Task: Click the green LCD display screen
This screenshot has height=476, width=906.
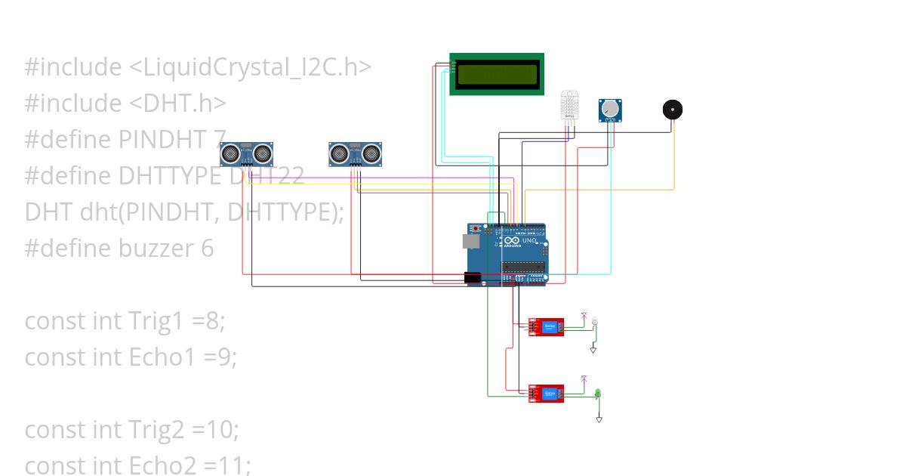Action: [497, 74]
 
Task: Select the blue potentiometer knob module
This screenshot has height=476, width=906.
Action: [611, 110]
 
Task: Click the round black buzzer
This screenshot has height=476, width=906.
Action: [672, 110]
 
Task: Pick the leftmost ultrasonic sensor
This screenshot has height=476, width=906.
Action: [246, 154]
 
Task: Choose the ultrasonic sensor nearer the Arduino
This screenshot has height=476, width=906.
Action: [355, 154]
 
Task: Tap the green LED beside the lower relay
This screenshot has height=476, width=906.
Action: [597, 394]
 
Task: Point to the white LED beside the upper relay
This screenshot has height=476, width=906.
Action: [594, 323]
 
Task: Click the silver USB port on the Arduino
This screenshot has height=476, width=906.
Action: [470, 241]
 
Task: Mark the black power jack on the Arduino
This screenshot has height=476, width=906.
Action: [473, 278]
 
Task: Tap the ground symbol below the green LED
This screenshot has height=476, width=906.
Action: [599, 419]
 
